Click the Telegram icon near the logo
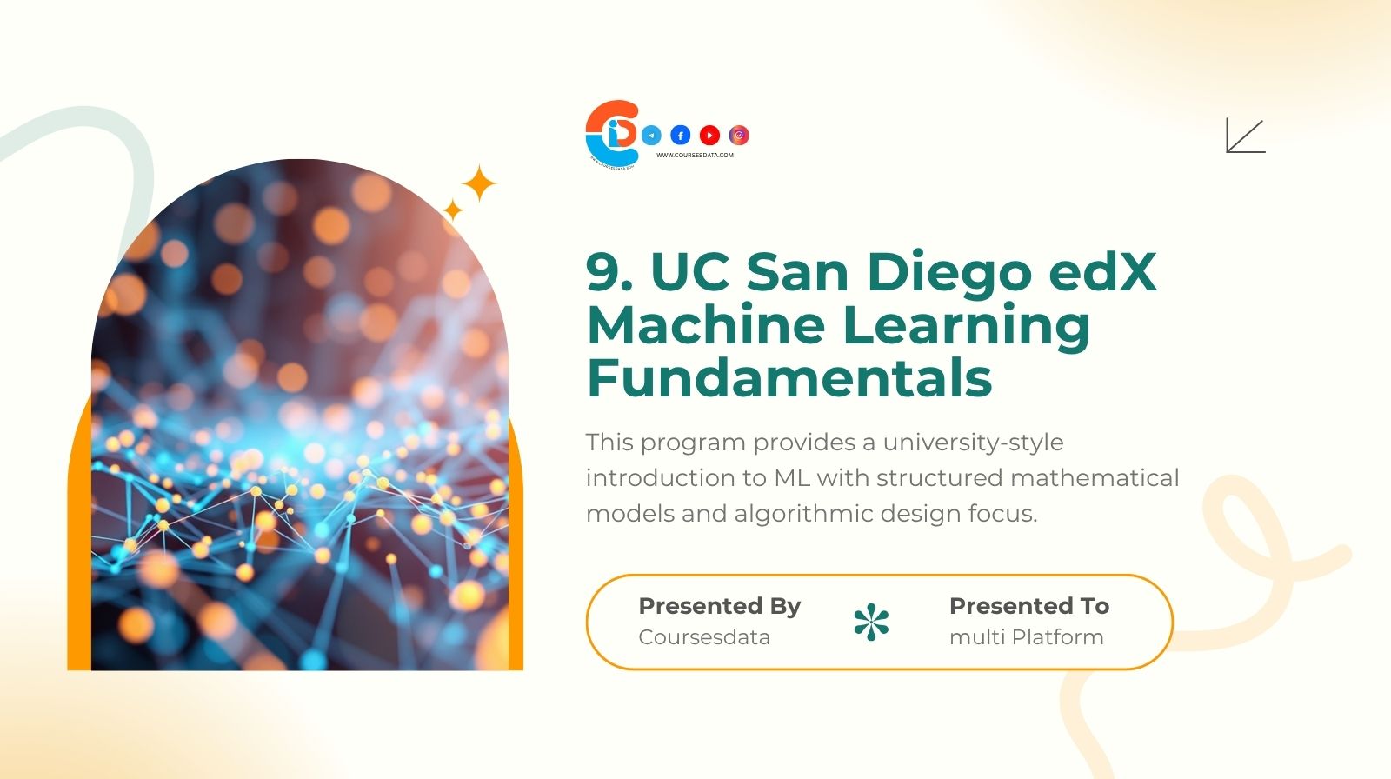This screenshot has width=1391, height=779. click(x=651, y=135)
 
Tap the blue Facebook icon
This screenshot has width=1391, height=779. click(x=681, y=135)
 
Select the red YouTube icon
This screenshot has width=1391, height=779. click(x=709, y=135)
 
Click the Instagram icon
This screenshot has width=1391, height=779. click(x=739, y=135)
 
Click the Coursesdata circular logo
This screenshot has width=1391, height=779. click(x=612, y=132)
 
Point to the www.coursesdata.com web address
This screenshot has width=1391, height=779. click(x=695, y=156)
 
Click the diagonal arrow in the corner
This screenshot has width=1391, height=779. click(x=1245, y=136)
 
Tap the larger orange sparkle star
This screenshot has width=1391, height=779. click(x=478, y=183)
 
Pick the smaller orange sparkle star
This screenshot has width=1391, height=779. click(x=453, y=210)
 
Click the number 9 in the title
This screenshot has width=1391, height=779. click(x=602, y=271)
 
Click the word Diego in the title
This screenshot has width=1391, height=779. click(x=948, y=273)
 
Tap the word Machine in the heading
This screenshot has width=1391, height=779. click(x=705, y=324)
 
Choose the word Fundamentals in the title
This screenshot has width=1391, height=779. click(x=789, y=377)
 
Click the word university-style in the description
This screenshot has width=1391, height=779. click(x=973, y=443)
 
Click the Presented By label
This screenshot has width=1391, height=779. click(x=719, y=606)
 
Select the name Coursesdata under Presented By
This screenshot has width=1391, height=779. click(x=704, y=637)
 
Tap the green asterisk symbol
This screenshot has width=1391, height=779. click(x=871, y=623)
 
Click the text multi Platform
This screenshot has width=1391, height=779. click(x=1026, y=637)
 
